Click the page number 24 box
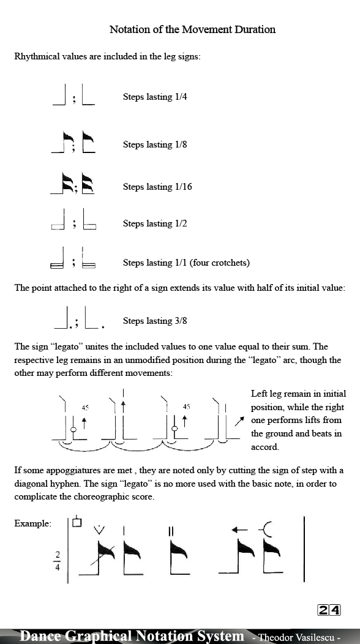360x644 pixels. pos(329,610)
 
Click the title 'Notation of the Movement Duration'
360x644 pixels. pos(192,29)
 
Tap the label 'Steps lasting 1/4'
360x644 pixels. pos(155,97)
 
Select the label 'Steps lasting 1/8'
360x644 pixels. pos(155,144)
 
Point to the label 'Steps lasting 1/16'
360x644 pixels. pos(157,187)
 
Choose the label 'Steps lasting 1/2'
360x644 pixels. pos(155,223)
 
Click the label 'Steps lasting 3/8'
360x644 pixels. pos(155,321)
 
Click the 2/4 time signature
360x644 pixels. pos(58,560)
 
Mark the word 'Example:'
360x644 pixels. pos(33,524)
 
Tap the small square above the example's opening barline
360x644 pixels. pos(77,522)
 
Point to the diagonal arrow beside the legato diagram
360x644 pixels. pos(240,422)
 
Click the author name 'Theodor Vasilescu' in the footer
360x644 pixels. pos(296,637)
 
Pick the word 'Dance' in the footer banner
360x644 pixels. pos(40,636)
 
